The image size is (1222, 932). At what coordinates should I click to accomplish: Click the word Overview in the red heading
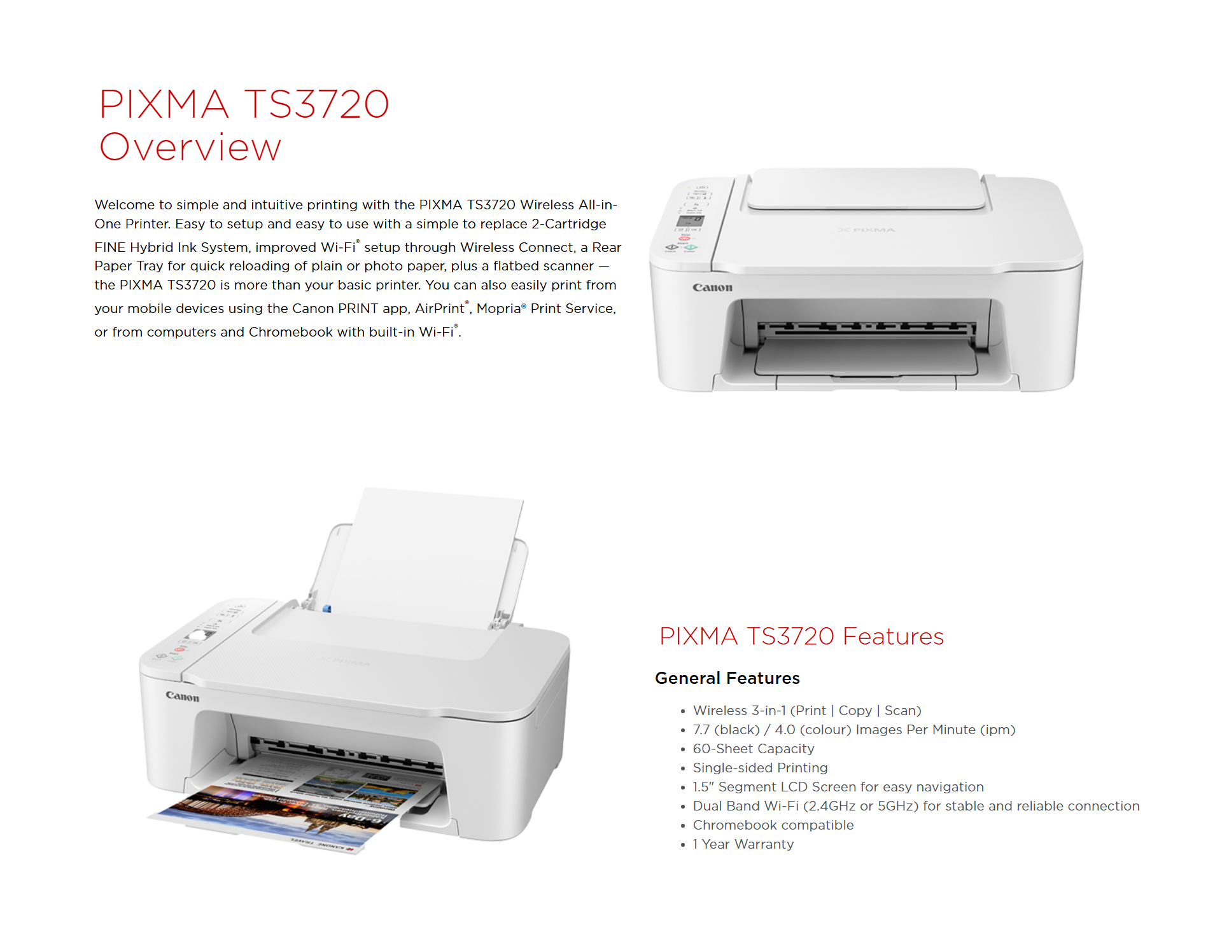[190, 147]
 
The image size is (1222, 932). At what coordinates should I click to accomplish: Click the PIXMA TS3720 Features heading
[801, 636]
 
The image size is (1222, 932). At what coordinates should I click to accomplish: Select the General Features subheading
[727, 678]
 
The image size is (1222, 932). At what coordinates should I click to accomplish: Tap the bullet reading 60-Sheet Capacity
[754, 749]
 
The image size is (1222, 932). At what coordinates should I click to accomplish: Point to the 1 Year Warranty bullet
[743, 844]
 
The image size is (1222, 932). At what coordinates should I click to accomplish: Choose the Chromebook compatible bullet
[773, 825]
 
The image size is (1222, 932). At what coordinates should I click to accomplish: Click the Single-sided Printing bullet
[761, 768]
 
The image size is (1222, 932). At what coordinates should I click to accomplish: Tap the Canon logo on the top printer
[712, 288]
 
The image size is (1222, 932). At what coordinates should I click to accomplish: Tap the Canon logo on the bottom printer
[183, 697]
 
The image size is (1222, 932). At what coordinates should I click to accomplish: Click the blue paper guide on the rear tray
[327, 609]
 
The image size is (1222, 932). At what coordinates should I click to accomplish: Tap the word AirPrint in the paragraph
[440, 309]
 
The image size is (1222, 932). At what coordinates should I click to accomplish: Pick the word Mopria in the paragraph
[498, 309]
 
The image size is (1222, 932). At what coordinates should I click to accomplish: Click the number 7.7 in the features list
[701, 730]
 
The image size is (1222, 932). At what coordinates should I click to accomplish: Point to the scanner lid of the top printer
[866, 189]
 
